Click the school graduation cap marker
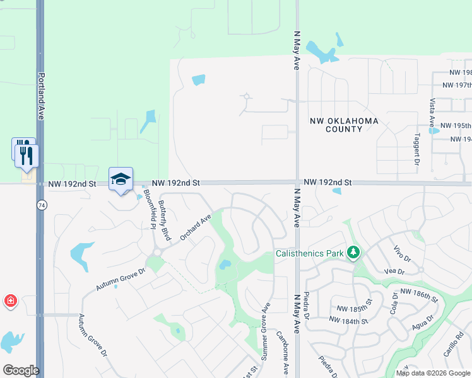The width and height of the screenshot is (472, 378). click(121, 179)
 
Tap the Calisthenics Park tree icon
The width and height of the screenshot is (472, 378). click(353, 253)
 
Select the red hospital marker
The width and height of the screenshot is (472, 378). click(10, 301)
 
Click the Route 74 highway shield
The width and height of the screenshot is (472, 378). click(42, 205)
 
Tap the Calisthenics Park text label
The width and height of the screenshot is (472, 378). click(309, 254)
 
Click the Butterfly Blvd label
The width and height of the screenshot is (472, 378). click(165, 220)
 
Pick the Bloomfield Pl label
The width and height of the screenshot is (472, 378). click(149, 207)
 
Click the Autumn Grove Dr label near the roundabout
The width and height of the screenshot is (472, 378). click(121, 278)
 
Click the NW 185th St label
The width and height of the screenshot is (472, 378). click(352, 309)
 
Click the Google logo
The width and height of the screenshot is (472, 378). click(21, 370)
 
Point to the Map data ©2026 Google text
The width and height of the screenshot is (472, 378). click(432, 373)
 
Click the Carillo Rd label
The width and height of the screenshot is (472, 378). click(453, 345)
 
